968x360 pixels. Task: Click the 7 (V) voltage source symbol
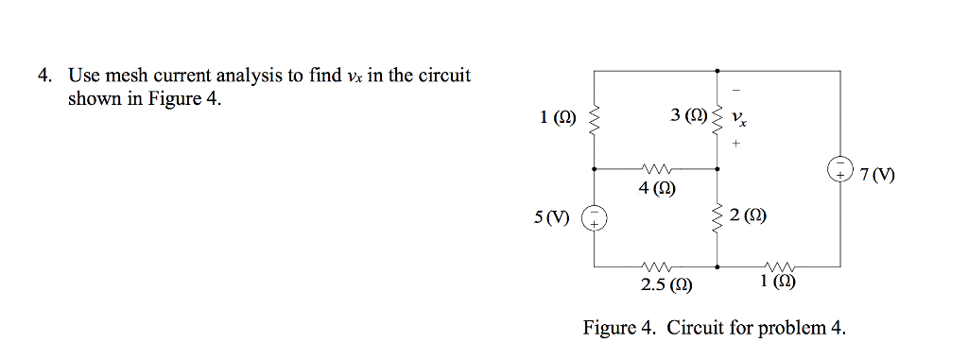(x=838, y=170)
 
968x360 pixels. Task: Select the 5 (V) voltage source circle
(x=595, y=218)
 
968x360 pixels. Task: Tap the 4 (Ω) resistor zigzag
(x=655, y=169)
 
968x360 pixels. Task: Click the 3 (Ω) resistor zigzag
(x=717, y=120)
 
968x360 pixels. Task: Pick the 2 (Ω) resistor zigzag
(x=717, y=218)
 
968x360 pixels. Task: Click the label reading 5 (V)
(x=554, y=218)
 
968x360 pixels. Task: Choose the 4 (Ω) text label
(x=655, y=188)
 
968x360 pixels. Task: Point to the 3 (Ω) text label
(x=687, y=116)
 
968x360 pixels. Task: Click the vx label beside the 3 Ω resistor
(x=740, y=121)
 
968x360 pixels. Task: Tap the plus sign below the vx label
(x=737, y=146)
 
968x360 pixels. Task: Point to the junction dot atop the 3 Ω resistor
(x=717, y=71)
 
